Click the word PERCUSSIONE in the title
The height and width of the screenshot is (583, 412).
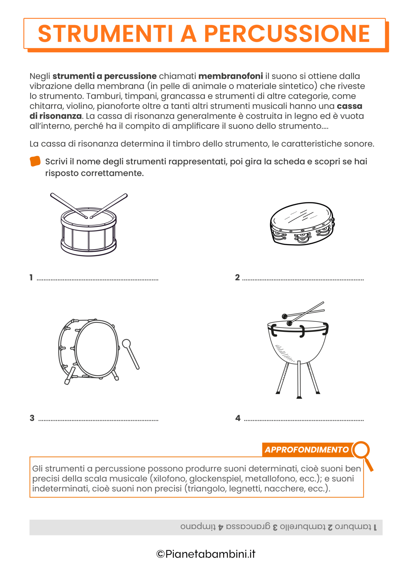(287, 34)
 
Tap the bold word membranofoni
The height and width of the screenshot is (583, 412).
(230, 76)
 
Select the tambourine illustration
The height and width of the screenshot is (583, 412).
(302, 224)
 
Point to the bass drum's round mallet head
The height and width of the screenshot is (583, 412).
(126, 344)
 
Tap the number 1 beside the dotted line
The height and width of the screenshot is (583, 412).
(31, 277)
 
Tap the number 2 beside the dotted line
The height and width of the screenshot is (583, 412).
(237, 277)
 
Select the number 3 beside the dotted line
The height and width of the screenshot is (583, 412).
(32, 418)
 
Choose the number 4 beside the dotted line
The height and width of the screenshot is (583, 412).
(238, 418)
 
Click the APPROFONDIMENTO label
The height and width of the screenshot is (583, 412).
(306, 450)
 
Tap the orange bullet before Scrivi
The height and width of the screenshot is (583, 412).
(35, 161)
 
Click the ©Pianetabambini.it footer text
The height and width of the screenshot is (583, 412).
(206, 554)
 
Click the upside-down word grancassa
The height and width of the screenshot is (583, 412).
(248, 527)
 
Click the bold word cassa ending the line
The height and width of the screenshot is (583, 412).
(349, 106)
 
